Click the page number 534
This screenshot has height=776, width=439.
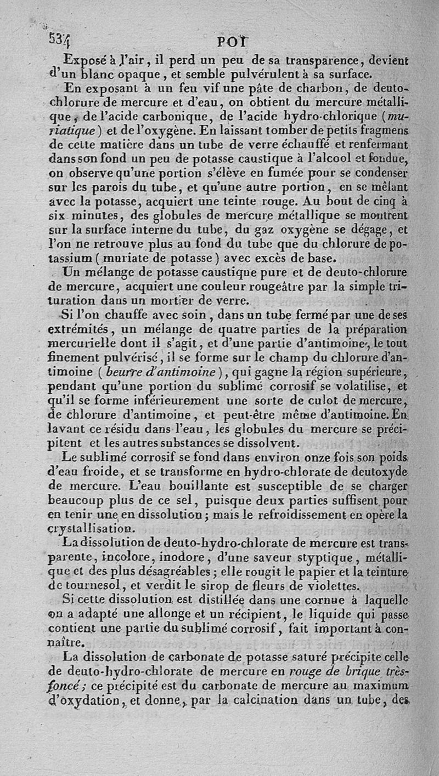tap(58, 39)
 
